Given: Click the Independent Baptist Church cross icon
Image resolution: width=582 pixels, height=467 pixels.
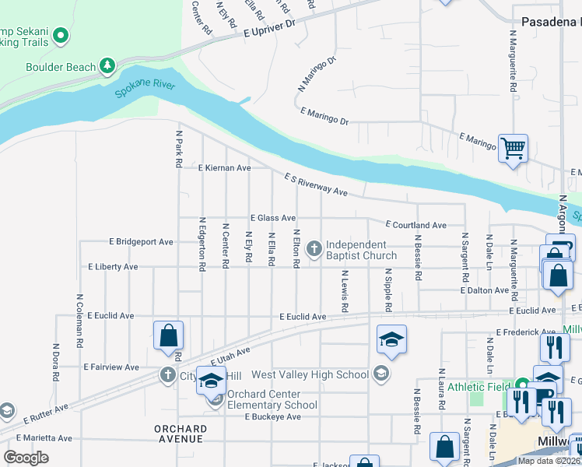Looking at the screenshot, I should click(x=314, y=249).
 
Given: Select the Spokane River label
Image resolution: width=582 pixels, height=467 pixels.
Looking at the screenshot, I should click(x=145, y=88).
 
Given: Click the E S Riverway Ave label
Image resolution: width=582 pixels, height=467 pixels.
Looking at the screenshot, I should click(x=314, y=184).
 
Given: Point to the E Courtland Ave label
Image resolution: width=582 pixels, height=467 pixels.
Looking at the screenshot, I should click(x=415, y=225).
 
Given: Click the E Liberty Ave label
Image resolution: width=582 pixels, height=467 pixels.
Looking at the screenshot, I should click(x=113, y=266).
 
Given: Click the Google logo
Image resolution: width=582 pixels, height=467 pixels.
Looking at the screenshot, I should click(x=26, y=457).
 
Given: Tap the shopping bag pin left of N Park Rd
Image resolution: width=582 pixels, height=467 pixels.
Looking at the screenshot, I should click(x=168, y=336).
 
